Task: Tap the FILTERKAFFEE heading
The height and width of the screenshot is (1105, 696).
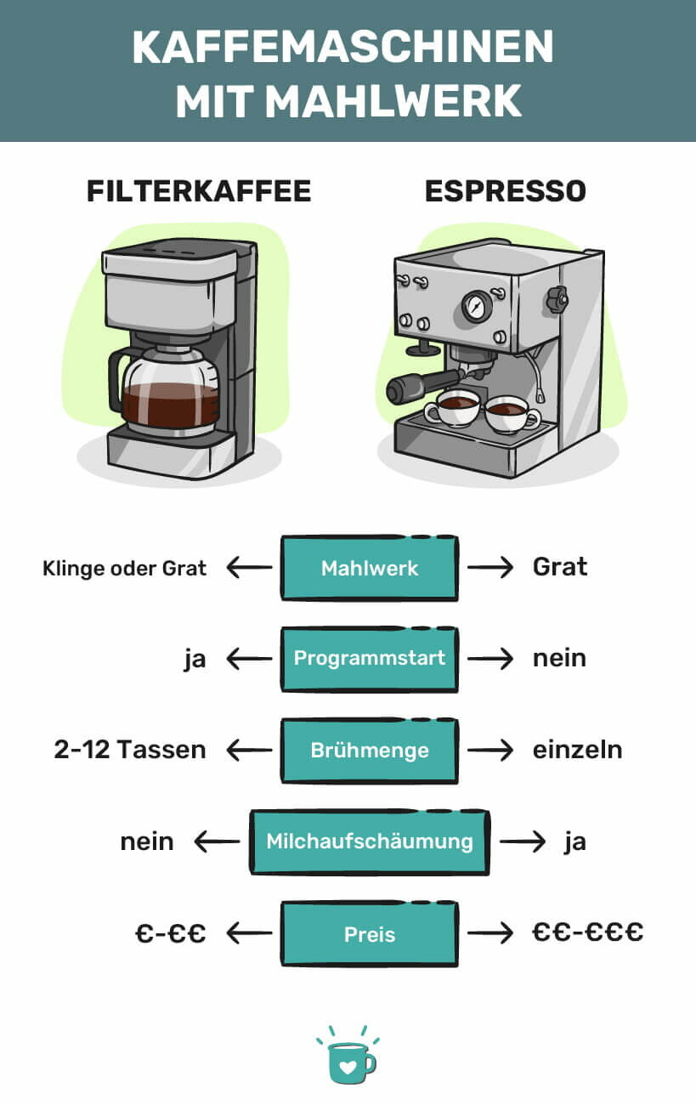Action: click(x=199, y=191)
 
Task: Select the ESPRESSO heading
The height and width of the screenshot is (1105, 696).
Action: click(x=506, y=191)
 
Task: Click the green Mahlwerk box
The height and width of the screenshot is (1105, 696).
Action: click(x=369, y=568)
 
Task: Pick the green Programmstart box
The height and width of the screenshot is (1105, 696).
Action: click(x=369, y=659)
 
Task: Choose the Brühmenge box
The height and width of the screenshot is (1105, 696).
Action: click(x=369, y=751)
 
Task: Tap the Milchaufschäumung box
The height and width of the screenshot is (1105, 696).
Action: click(x=369, y=841)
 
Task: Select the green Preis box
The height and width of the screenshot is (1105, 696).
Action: click(x=369, y=934)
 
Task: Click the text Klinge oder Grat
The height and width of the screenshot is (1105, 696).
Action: click(x=124, y=568)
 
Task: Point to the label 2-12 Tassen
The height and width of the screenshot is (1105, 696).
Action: click(x=129, y=750)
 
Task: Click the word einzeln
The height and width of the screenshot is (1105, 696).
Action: click(x=577, y=750)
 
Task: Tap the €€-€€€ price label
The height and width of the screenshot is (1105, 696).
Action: click(x=587, y=933)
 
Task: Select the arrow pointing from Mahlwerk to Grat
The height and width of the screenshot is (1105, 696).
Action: click(x=490, y=568)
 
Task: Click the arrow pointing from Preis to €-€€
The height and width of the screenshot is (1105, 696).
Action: click(x=250, y=934)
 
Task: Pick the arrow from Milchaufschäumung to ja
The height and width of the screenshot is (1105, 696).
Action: click(x=522, y=841)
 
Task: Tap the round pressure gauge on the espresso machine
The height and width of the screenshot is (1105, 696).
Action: click(x=478, y=305)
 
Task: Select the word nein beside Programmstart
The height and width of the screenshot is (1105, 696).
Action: click(x=559, y=659)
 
